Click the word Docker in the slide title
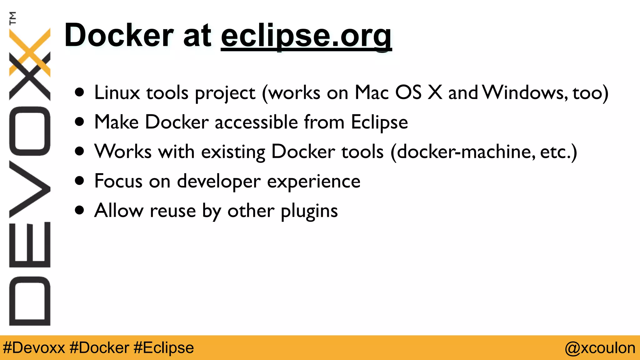pos(119,35)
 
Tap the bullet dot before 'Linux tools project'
pos(80,92)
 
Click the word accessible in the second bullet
pos(256,122)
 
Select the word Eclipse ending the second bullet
pos(379,122)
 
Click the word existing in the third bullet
pos(233,152)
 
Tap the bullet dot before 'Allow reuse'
pos(80,210)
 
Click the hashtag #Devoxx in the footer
pos(34,348)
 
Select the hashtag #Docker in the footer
pos(99,348)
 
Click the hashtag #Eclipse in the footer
pos(163,348)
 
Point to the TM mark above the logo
pos(12,18)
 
